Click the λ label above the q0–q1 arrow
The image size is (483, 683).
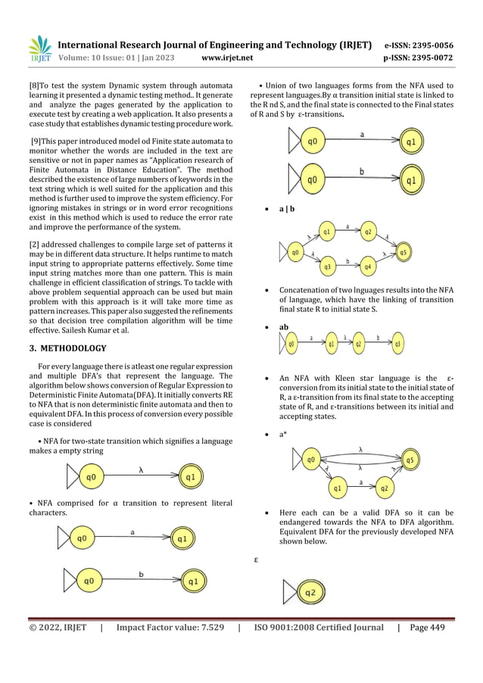pyautogui.click(x=141, y=469)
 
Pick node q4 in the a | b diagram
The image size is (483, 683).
pyautogui.click(x=368, y=267)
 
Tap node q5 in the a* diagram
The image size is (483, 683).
pyautogui.click(x=410, y=459)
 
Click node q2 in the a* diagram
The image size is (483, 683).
pyautogui.click(x=384, y=488)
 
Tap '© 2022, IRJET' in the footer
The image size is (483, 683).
pyautogui.click(x=58, y=627)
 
